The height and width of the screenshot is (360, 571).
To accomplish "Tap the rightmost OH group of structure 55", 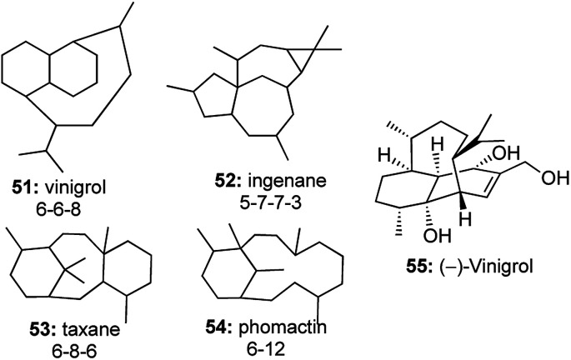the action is point(549,177).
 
